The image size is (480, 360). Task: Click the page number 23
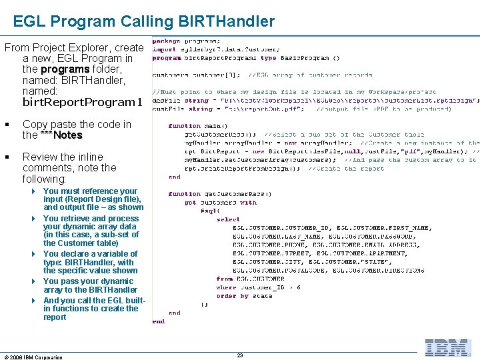tap(240, 355)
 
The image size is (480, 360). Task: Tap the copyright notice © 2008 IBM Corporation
tap(33, 357)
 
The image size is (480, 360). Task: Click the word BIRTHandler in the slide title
tap(227, 21)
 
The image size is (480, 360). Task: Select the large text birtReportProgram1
tap(83, 103)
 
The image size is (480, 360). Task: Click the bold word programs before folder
tap(65, 69)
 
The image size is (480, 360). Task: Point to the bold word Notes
tap(68, 135)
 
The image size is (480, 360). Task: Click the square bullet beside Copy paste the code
tap(6, 125)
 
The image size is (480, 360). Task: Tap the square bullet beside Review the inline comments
tap(6, 157)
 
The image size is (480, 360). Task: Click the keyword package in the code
tap(166, 41)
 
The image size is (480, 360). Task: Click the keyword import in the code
tap(165, 49)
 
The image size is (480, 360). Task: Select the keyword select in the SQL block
tap(227, 219)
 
